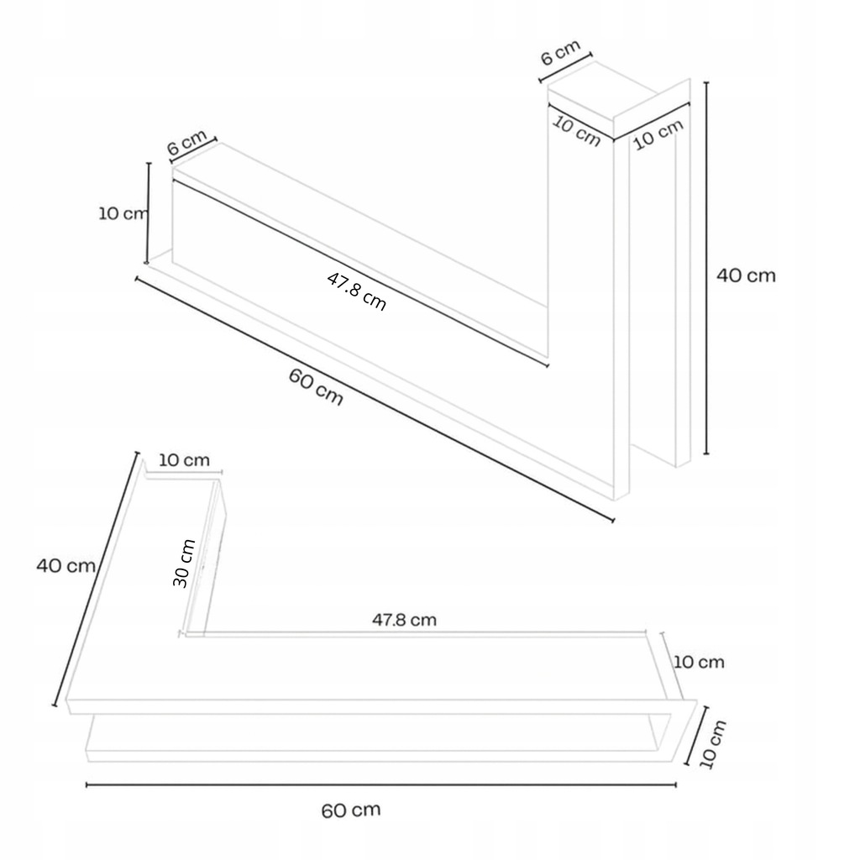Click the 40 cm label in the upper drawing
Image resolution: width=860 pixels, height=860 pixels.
(746, 275)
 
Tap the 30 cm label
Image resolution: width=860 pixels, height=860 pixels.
(184, 564)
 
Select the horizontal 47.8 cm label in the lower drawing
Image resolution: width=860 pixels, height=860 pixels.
(405, 620)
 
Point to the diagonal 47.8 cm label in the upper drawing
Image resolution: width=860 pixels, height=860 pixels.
(356, 291)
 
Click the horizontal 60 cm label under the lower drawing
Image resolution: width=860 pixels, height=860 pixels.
(351, 810)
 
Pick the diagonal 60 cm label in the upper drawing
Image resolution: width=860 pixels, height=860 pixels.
(316, 387)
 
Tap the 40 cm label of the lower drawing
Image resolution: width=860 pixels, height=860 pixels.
(66, 565)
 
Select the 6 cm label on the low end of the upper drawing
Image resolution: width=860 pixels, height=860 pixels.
(187, 143)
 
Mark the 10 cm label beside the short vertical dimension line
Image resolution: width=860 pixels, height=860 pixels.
(123, 213)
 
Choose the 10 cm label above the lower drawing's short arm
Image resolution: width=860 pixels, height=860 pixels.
(184, 460)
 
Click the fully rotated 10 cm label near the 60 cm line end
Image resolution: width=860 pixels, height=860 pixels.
(713, 744)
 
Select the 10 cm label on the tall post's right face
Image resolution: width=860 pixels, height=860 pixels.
(658, 134)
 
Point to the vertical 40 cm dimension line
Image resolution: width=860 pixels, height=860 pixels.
(705, 268)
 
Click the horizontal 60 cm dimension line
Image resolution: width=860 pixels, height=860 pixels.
(381, 785)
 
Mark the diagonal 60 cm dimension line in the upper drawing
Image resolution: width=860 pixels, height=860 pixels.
(375, 399)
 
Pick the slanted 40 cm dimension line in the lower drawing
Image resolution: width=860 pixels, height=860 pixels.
(96, 579)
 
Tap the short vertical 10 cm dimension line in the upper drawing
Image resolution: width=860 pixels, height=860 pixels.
(148, 212)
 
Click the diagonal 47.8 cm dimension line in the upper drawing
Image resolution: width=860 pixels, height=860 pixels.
(359, 271)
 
